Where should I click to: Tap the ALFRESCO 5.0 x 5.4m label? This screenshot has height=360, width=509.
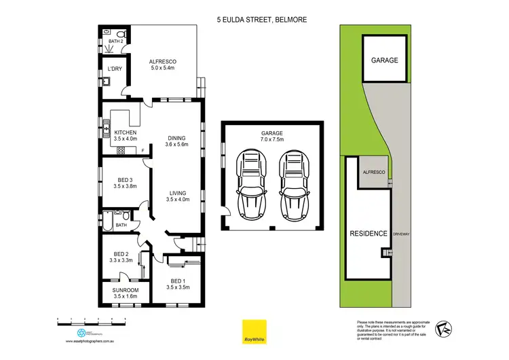click(162, 65)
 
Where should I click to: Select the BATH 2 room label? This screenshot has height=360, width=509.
click(116, 41)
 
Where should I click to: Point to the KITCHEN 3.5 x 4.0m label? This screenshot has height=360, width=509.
click(126, 135)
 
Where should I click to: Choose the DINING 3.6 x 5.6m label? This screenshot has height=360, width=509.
click(177, 141)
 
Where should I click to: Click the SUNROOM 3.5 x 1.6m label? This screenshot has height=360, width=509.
click(125, 293)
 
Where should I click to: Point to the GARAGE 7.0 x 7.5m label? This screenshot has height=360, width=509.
click(271, 136)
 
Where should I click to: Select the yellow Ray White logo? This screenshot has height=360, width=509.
click(254, 331)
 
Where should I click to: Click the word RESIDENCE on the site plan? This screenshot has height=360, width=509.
click(369, 234)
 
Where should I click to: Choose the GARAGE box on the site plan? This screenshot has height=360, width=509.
click(384, 60)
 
